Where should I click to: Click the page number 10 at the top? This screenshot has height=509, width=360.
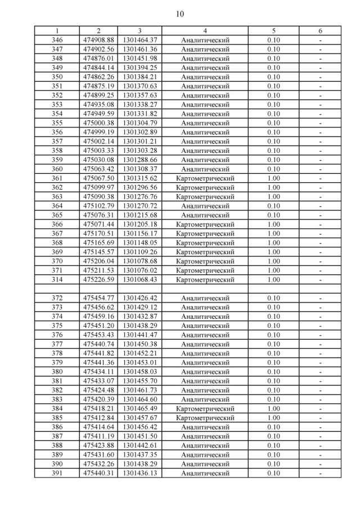[x=179, y=13]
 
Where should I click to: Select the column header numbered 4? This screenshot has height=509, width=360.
[x=205, y=31]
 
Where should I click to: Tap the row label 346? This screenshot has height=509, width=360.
[x=57, y=40]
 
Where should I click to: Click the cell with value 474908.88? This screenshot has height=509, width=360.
[x=98, y=40]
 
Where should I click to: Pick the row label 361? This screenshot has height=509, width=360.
[x=57, y=178]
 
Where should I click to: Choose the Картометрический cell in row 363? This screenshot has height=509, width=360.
[x=205, y=197]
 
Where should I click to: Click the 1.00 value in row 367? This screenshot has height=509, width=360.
[x=273, y=233]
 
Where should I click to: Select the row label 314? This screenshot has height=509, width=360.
[x=57, y=280]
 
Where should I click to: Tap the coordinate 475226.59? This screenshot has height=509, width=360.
[x=98, y=280]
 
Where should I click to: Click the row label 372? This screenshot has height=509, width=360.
[x=57, y=298]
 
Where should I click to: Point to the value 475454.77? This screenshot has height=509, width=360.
[x=98, y=298]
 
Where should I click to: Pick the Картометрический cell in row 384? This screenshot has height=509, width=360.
[x=205, y=409]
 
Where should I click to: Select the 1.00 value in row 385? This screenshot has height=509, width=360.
[x=273, y=418]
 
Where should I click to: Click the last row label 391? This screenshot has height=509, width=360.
[x=57, y=473]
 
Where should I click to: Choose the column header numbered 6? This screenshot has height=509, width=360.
[x=319, y=31]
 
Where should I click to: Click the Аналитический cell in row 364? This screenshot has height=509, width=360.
[x=205, y=206]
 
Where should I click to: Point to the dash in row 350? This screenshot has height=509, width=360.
[x=319, y=77]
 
